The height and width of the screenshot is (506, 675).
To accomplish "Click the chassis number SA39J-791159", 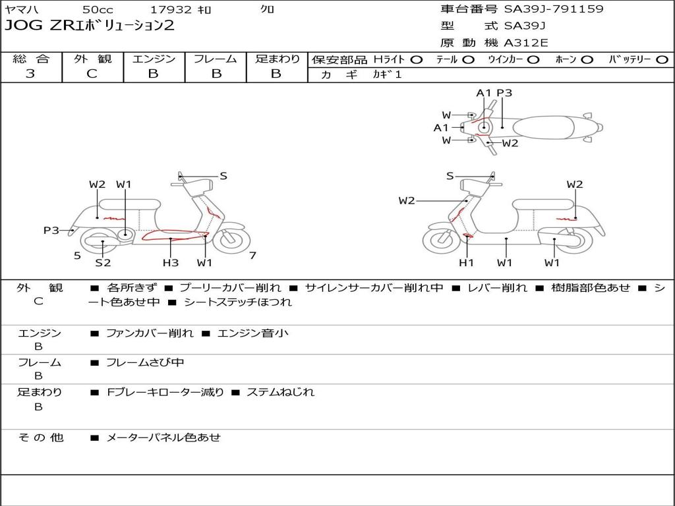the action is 554,9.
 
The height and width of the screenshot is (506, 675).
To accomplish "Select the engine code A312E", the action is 526,43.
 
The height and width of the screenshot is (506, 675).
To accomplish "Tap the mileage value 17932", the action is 171,10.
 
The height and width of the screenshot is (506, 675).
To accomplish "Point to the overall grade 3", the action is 30,74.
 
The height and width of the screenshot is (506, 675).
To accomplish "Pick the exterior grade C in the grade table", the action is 92,74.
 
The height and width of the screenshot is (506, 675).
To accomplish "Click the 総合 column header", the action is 31,59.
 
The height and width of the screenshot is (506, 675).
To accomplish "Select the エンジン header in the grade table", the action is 154,59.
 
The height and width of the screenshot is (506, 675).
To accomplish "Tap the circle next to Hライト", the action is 417,59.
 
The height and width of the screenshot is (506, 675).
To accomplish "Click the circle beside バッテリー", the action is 662,59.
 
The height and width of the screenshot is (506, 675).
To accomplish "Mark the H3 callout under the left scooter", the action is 171,263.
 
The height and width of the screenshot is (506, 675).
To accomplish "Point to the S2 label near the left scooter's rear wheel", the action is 103,263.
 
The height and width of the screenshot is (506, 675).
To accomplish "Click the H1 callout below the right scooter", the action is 467,263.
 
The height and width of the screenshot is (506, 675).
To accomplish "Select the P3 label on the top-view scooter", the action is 504,93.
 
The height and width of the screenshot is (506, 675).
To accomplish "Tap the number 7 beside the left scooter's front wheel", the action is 252,256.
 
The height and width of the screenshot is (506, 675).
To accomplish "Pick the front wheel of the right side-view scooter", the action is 441,240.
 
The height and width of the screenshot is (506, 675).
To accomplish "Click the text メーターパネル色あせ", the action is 163,437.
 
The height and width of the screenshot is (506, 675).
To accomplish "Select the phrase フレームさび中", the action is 145,362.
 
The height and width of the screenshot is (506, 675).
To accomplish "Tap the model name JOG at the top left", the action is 20,26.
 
